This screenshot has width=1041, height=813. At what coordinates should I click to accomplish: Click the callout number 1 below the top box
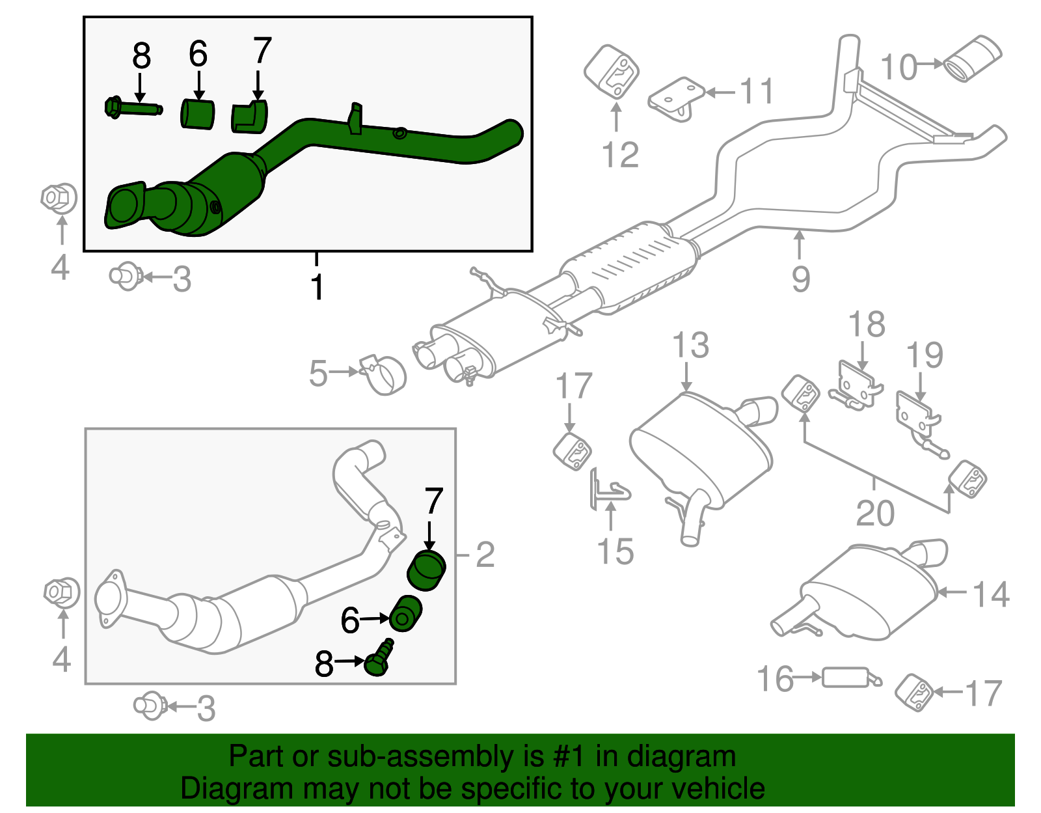[x=317, y=287]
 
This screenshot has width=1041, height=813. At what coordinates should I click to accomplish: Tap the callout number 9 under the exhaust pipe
[x=801, y=279]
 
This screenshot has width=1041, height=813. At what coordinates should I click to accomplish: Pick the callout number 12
[x=620, y=155]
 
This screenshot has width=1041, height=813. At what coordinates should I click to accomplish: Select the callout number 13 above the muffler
[x=690, y=345]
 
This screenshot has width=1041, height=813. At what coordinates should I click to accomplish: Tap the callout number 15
[x=615, y=551]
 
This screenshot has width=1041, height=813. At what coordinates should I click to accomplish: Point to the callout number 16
[x=776, y=679]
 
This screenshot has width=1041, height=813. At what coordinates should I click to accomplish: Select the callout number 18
[x=867, y=324]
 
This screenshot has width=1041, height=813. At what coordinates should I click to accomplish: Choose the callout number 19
[x=925, y=355]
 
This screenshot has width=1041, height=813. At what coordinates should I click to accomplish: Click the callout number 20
[x=875, y=514]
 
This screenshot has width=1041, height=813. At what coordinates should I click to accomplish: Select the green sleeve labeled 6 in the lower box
[x=405, y=613]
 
